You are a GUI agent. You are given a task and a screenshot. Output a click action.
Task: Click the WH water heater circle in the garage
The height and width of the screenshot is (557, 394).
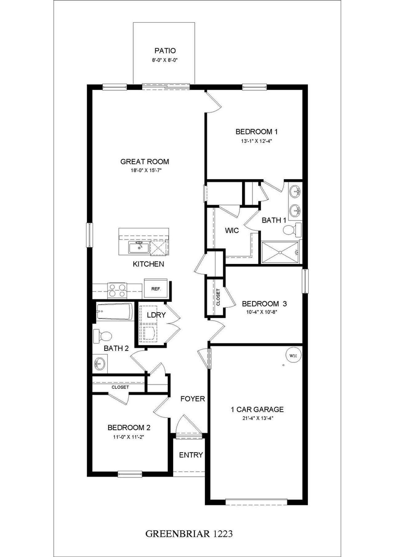tap(293, 356)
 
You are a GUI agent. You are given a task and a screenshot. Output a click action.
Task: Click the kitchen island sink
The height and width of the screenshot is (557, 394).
tap(139, 248)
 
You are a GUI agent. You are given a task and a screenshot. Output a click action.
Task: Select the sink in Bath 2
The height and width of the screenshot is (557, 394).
tap(100, 364)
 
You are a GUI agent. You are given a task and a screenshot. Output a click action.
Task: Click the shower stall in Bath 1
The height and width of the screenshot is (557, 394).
tap(280, 252)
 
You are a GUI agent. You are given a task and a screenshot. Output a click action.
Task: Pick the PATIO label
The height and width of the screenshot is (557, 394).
tap(165, 51)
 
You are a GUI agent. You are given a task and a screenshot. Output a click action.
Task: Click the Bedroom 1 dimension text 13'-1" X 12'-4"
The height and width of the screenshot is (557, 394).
tap(256, 141)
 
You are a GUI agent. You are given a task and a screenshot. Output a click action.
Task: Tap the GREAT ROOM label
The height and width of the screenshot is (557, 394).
tap(145, 161)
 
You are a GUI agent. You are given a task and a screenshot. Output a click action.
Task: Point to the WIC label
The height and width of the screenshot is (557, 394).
tap(232, 230)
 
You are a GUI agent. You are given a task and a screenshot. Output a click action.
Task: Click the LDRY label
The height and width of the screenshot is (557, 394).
tap(156, 315)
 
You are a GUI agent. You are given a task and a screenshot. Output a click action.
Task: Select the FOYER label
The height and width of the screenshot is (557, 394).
tap(192, 399)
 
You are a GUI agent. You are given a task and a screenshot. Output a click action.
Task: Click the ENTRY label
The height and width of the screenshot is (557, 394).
tap(191, 455)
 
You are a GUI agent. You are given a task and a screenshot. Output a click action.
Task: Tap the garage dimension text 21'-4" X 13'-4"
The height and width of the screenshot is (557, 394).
tap(257, 418)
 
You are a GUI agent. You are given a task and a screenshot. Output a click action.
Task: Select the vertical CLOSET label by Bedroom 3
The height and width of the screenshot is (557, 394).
tap(218, 297)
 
